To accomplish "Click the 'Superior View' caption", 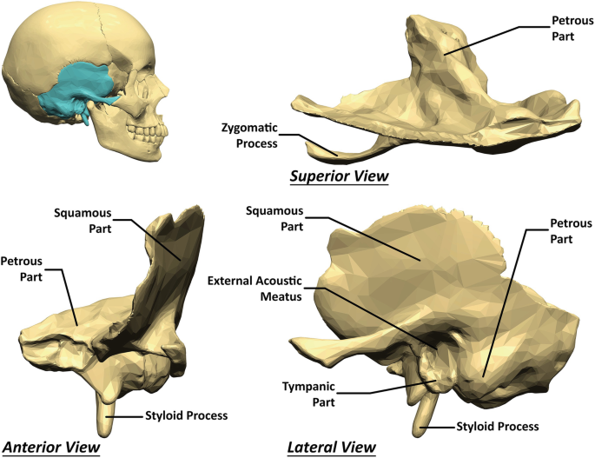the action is [339, 177].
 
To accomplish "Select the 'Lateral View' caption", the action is [331, 447].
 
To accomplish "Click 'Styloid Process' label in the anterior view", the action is [186, 415].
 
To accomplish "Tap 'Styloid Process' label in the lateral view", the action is [498, 426].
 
